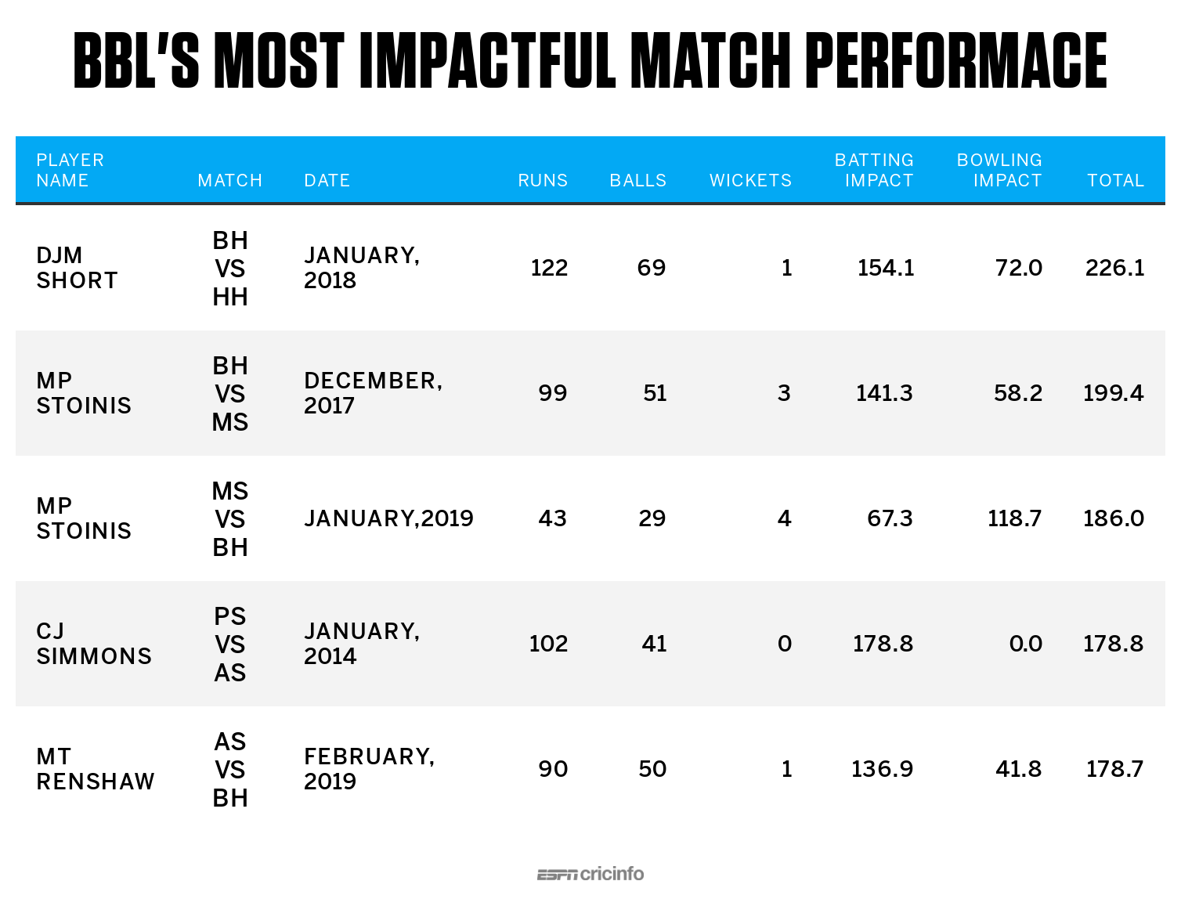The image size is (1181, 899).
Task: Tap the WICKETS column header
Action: (750, 180)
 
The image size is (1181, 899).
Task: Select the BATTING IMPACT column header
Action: (874, 170)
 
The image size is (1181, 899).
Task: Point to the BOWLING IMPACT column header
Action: (999, 170)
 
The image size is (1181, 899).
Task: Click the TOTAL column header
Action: (1115, 180)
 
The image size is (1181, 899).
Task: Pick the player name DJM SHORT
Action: (77, 268)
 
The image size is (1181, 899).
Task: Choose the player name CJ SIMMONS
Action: (94, 644)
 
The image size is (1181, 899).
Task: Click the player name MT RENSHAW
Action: (96, 769)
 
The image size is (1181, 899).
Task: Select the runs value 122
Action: (548, 268)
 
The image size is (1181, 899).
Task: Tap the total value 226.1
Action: (1114, 268)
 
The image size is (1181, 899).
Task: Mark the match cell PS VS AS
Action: (230, 644)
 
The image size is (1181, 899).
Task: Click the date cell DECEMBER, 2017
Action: (373, 393)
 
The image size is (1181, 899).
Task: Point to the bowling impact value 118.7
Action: (1014, 518)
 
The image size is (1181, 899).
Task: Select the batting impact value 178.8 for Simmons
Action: (883, 644)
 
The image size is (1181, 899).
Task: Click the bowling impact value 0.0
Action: (1025, 644)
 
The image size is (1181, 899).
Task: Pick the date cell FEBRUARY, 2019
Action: (369, 769)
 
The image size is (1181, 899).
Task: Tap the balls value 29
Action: (652, 518)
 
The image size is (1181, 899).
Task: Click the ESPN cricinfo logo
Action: (590, 874)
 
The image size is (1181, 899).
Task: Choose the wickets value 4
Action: (784, 518)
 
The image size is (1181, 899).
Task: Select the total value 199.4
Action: (1113, 393)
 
